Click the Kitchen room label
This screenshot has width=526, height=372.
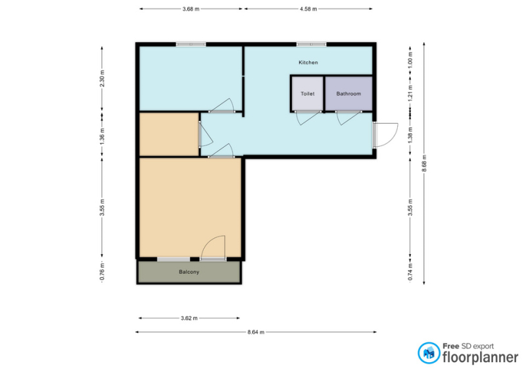(x=308, y=63)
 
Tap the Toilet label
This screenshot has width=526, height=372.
(x=307, y=93)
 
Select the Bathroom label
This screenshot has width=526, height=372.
(x=348, y=93)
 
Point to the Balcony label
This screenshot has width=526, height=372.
(x=189, y=272)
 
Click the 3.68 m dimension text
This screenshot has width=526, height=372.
(x=191, y=9)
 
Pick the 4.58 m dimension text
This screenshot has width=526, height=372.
(x=308, y=9)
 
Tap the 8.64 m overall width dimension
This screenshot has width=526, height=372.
(x=256, y=332)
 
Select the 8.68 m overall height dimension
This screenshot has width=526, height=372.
(x=424, y=163)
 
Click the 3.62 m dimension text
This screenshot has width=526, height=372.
(x=189, y=318)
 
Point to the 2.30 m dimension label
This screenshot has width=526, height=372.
(x=103, y=78)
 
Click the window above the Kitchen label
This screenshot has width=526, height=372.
(x=311, y=44)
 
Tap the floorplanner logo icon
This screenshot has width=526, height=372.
(x=429, y=353)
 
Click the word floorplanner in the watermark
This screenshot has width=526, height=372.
(x=481, y=358)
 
